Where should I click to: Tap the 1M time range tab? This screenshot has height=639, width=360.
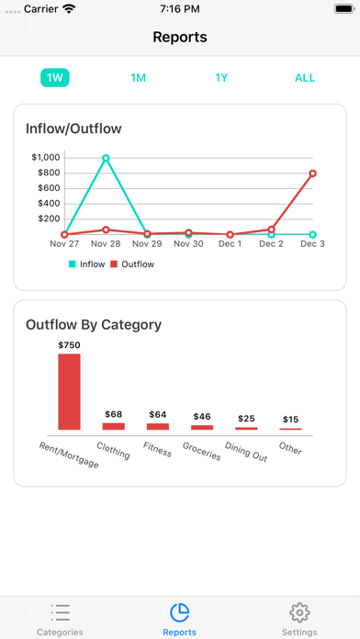click(x=138, y=78)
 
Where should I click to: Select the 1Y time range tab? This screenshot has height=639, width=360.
click(x=221, y=78)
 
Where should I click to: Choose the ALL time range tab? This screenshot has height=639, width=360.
click(x=305, y=78)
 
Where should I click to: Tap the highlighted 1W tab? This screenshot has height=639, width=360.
click(x=54, y=78)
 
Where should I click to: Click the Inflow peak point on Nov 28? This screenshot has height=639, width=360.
click(x=106, y=158)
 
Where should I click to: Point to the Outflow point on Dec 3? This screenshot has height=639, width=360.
click(x=312, y=174)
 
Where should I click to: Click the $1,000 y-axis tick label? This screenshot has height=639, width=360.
click(x=45, y=157)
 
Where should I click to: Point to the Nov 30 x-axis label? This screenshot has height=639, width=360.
click(x=188, y=244)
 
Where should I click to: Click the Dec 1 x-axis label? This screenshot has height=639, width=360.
click(x=230, y=244)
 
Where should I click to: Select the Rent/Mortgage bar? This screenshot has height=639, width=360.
click(x=70, y=391)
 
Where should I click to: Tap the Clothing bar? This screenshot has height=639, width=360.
click(x=114, y=426)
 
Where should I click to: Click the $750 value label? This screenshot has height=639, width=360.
click(x=70, y=344)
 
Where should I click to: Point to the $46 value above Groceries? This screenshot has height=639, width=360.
click(x=202, y=417)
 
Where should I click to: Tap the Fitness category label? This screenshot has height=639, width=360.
click(x=157, y=449)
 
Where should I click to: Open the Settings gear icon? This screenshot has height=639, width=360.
click(x=298, y=612)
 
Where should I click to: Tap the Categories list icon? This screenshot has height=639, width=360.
click(x=61, y=612)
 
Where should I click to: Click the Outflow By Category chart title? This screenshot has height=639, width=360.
click(x=94, y=324)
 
